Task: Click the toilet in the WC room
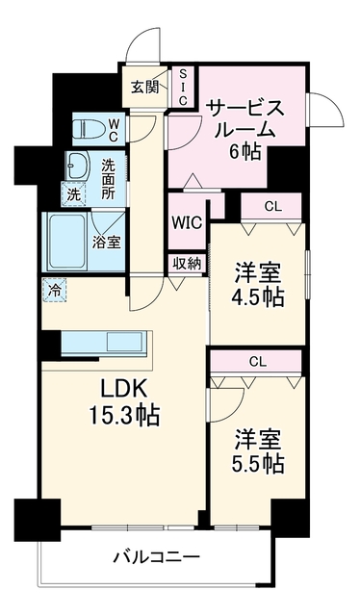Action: point(89,128)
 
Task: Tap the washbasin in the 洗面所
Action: point(77,166)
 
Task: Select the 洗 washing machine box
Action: point(73,194)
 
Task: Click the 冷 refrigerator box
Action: point(55,291)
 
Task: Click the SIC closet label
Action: point(183,87)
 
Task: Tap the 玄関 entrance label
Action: point(144,88)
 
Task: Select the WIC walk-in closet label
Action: point(187,223)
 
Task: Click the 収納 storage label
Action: point(187,264)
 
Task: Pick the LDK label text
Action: point(123,391)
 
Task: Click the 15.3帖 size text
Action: point(124,416)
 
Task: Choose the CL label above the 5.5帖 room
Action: point(258,362)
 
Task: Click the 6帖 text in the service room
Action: point(245,151)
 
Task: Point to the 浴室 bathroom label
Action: point(106,243)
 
